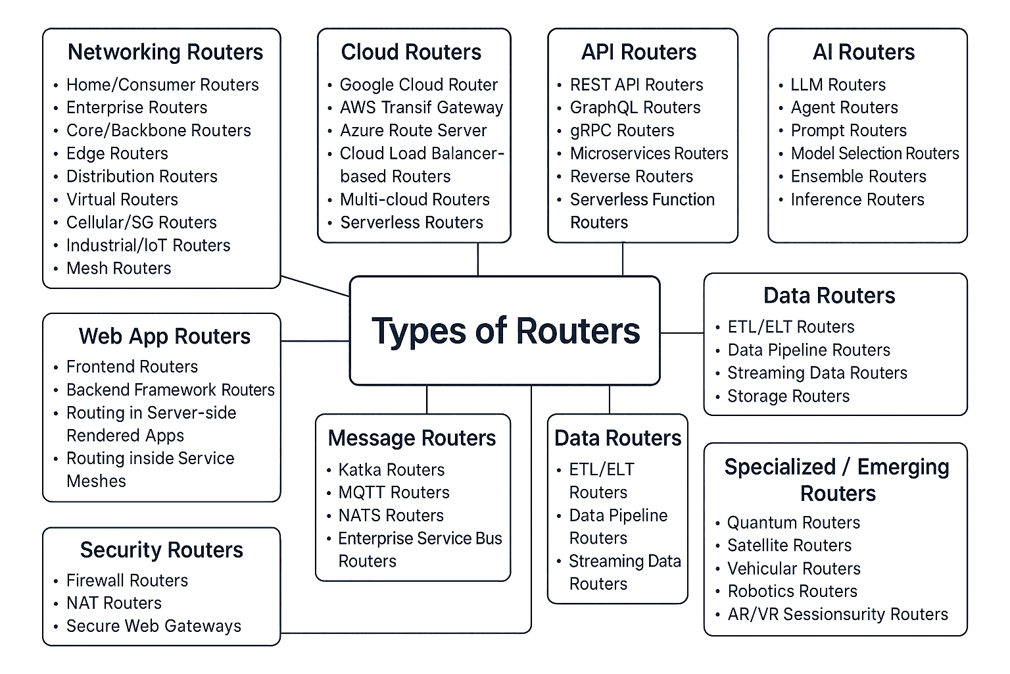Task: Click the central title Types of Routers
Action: coord(505,330)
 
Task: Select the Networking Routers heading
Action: coord(165,52)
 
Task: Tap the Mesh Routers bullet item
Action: coord(118,268)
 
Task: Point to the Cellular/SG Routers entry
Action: coord(141,222)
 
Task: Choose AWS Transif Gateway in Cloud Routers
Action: coord(421,107)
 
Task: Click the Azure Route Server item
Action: coord(413,130)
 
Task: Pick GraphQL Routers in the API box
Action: coord(635,107)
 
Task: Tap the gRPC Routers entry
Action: coord(622,130)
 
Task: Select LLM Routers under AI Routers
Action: coord(838,85)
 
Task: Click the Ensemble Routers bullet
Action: coord(858,176)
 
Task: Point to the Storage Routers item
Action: coord(788,396)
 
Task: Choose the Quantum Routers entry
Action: coord(793,523)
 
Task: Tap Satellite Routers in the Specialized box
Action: coord(789,546)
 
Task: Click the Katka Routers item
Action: coord(391,470)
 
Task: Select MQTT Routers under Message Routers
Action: coord(393,492)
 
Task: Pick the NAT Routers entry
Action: coord(114,603)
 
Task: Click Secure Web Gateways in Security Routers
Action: coord(153,626)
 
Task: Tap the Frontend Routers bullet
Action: coord(132,367)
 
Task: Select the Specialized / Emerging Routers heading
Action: coord(836,480)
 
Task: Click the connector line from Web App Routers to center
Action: coord(315,341)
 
